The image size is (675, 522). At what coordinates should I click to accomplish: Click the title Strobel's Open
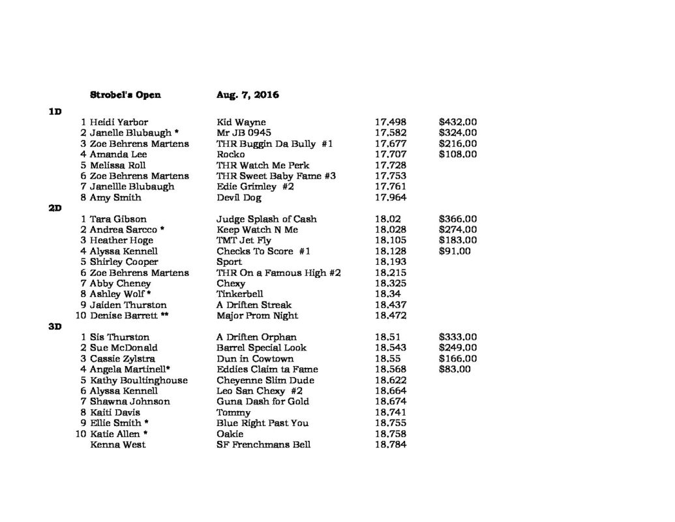[x=125, y=95]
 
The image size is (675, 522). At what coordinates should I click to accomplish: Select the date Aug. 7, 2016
[x=247, y=95]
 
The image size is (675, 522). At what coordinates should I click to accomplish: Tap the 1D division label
[x=55, y=112]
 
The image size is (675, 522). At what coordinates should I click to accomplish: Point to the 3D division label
[x=55, y=327]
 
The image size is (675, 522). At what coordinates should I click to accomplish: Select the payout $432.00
[x=458, y=122]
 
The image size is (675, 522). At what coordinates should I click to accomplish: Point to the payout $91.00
[x=455, y=251]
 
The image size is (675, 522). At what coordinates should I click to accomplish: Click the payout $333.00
[x=458, y=337]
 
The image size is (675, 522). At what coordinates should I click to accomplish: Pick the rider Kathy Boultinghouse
[x=139, y=380]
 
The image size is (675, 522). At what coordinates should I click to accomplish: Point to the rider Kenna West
[x=118, y=445]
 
